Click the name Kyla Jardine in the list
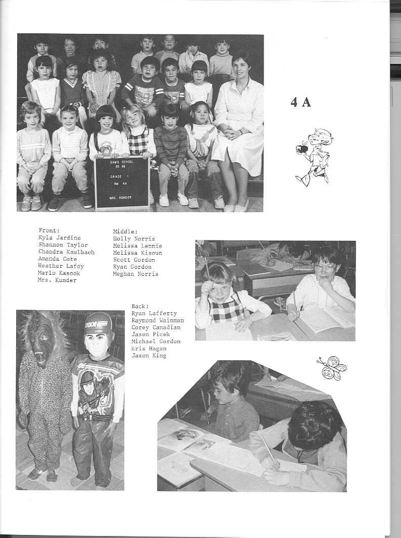59,237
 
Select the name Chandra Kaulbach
66,252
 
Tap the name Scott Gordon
134,260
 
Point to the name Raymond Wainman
157,320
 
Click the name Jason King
149,356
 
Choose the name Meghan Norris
136,274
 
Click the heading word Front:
49,230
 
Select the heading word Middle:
125,231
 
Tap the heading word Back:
141,306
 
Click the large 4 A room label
301,102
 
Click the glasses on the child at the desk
325,268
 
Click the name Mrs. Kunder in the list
57,280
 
